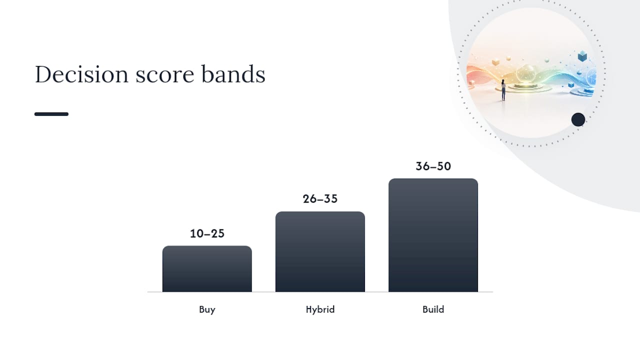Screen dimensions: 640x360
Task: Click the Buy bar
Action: click(x=207, y=269)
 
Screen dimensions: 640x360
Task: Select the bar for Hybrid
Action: click(x=320, y=251)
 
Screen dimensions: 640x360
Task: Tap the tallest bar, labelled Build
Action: click(x=433, y=235)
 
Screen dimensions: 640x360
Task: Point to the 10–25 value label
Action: click(x=207, y=233)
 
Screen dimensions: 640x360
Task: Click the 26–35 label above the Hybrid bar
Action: click(x=320, y=199)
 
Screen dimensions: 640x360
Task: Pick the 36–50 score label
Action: click(x=433, y=166)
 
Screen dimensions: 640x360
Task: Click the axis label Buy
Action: click(x=207, y=309)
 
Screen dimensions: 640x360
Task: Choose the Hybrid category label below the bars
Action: click(x=320, y=309)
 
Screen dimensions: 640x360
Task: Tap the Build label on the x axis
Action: click(x=433, y=309)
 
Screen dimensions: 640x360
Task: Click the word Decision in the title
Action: click(x=81, y=74)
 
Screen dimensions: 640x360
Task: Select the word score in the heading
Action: click(x=165, y=76)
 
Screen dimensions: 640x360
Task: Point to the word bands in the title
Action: click(x=233, y=74)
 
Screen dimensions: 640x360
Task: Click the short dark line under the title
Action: click(x=51, y=114)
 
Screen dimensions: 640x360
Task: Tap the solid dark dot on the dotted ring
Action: click(x=578, y=119)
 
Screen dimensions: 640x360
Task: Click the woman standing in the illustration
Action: click(x=503, y=90)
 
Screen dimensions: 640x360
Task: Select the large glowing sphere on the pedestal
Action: click(x=525, y=73)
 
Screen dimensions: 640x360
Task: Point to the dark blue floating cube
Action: click(x=582, y=56)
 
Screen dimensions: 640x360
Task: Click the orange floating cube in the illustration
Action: click(x=495, y=62)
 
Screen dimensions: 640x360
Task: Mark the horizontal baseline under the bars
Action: click(x=320, y=292)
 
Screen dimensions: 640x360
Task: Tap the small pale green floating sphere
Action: click(x=547, y=60)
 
